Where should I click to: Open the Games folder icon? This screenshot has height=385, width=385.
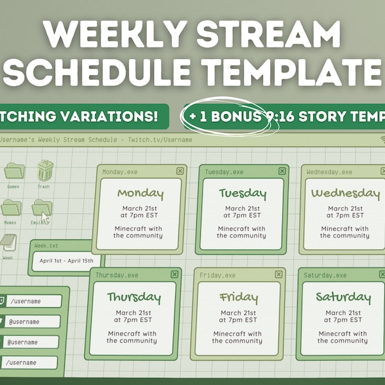point(13,171)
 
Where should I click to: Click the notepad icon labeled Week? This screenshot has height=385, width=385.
point(8,243)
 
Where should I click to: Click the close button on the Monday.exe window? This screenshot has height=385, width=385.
point(180,171)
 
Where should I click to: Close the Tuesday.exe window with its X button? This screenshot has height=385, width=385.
point(282,171)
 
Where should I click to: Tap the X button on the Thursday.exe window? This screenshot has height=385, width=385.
point(175,274)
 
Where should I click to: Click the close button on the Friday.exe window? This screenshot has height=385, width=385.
point(278,274)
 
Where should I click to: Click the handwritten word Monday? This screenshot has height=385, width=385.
point(140,193)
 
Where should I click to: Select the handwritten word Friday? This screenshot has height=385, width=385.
point(239,297)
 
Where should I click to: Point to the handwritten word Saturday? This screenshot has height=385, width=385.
point(343,297)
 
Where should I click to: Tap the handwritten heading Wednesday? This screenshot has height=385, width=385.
point(345,193)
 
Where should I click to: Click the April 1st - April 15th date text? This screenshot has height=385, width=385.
point(66,261)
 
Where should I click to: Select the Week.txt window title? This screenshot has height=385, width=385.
point(46,246)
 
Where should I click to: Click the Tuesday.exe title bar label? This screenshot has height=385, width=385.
point(224,172)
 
